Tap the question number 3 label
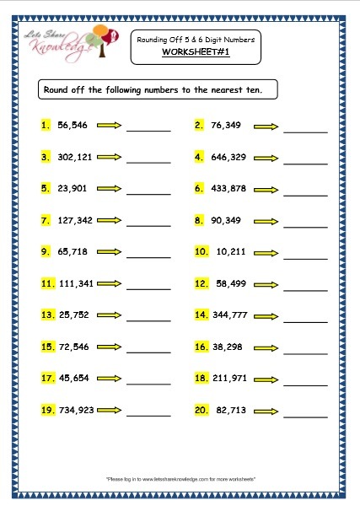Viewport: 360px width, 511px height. click(x=46, y=157)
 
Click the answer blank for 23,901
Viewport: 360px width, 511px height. click(x=148, y=193)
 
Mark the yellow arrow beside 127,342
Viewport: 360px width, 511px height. click(x=110, y=220)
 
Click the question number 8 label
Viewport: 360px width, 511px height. click(x=199, y=220)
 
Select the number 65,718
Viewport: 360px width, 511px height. click(x=73, y=251)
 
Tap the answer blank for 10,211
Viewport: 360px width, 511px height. click(x=305, y=256)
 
